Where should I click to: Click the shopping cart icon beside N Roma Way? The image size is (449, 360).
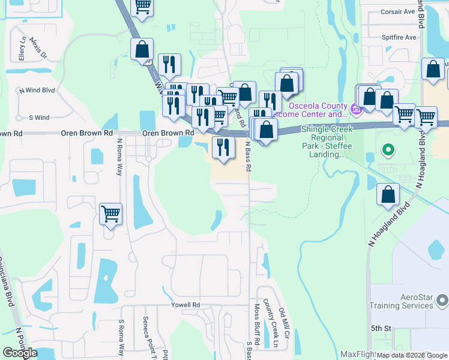pyautogui.click(x=111, y=213)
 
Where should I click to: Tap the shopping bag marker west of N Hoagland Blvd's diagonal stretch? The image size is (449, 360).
pyautogui.click(x=388, y=194)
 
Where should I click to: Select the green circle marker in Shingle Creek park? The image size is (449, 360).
pyautogui.click(x=388, y=150)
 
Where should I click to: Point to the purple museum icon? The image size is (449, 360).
pyautogui.click(x=355, y=109)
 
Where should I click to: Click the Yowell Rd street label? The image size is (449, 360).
pyautogui.click(x=185, y=305)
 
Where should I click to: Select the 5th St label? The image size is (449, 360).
pyautogui.click(x=381, y=328)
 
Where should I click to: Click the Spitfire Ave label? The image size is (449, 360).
pyautogui.click(x=399, y=37)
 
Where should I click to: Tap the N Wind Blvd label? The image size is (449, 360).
pyautogui.click(x=37, y=91)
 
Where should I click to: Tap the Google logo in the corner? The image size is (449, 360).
pyautogui.click(x=20, y=353)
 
